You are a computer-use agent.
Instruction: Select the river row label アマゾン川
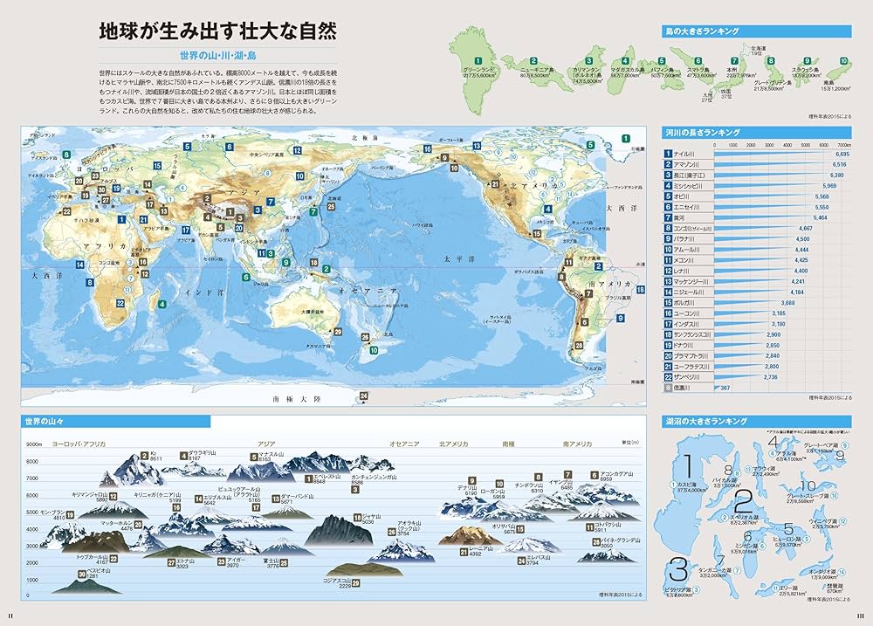click(x=688, y=164)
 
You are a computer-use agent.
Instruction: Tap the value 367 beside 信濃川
click(x=725, y=388)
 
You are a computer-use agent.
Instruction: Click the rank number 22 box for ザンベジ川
click(x=667, y=376)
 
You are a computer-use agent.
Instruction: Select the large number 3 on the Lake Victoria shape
click(x=678, y=571)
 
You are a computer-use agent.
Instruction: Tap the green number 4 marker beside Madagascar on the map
click(x=162, y=305)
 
